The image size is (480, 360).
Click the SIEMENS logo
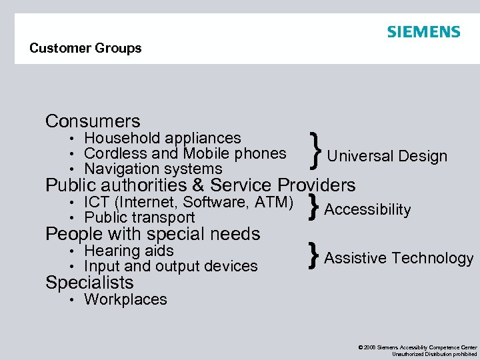[x=423, y=32]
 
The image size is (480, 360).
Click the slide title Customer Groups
[x=85, y=48]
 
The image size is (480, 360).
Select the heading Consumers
[x=93, y=121]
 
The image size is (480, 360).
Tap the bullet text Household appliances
[x=162, y=138]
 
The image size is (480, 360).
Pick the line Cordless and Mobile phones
[x=185, y=153]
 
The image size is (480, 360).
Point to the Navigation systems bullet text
[x=153, y=169]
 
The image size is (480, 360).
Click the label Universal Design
[x=387, y=157]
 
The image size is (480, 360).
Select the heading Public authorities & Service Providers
[x=200, y=185]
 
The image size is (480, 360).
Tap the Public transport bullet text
[x=139, y=217]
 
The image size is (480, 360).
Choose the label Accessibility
[x=367, y=210]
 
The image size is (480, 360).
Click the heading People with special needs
[x=153, y=234]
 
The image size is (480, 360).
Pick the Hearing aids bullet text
[x=129, y=251]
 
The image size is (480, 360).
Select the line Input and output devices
[x=171, y=266]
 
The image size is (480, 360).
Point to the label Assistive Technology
[x=399, y=259]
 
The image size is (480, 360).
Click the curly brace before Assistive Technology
[x=313, y=257]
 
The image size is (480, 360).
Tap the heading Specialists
[x=89, y=283]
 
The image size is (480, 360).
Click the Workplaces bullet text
[x=125, y=299]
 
